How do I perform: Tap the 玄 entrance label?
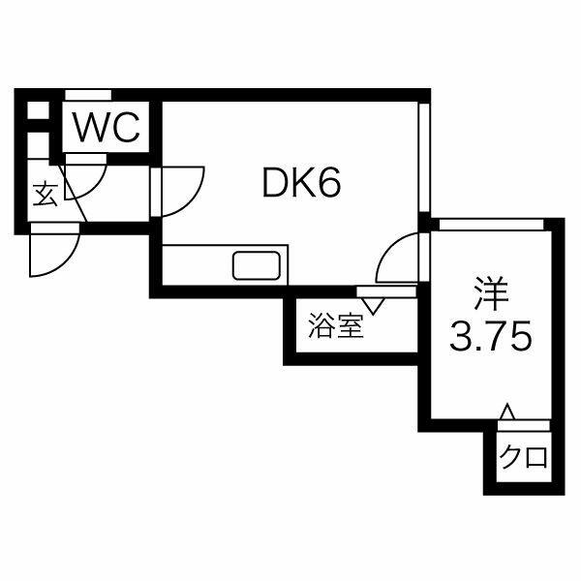tap(45, 195)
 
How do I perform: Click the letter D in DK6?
tap(276, 183)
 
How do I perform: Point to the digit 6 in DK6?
tap(329, 183)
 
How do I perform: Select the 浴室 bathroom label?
tap(336, 327)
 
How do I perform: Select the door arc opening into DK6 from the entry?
tap(182, 192)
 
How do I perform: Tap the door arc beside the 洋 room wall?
tap(398, 260)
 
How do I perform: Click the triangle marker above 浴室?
tap(371, 304)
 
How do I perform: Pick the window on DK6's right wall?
tap(423, 155)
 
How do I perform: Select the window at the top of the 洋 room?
tap(490, 224)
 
